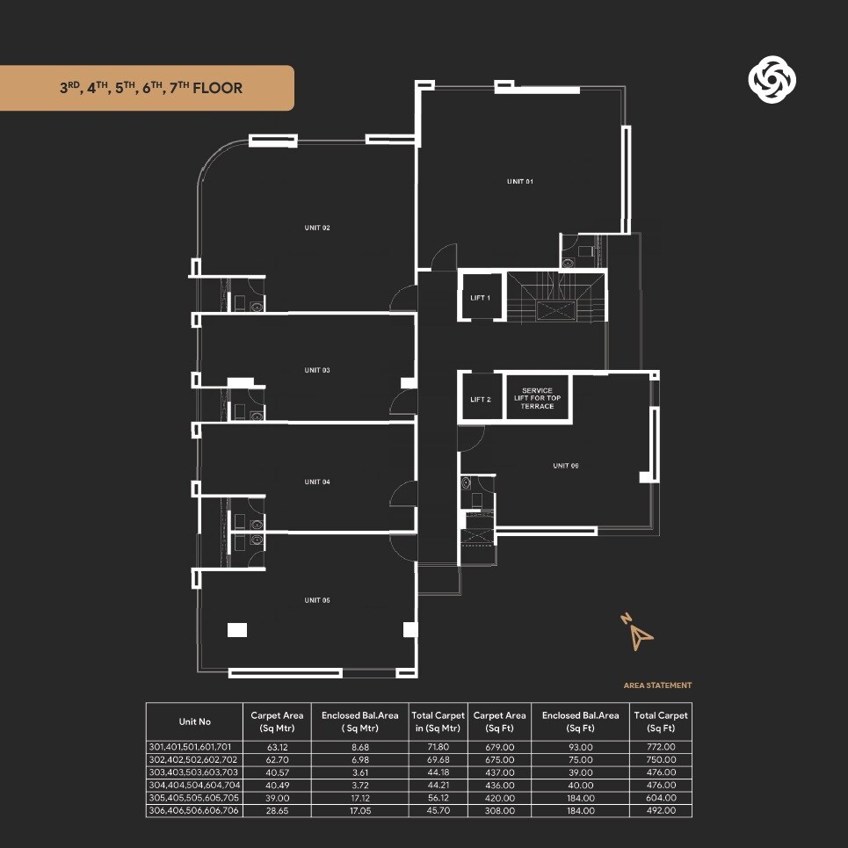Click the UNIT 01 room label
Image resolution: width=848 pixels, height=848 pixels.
pyautogui.click(x=520, y=181)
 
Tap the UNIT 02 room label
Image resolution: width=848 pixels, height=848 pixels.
pyautogui.click(x=317, y=228)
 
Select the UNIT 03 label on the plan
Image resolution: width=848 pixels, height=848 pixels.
pyautogui.click(x=317, y=370)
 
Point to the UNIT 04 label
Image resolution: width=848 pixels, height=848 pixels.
pyautogui.click(x=317, y=482)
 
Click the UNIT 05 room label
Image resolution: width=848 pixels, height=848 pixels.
pyautogui.click(x=317, y=600)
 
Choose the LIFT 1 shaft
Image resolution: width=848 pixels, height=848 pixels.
pyautogui.click(x=481, y=298)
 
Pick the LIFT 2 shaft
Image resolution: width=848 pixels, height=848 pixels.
pyautogui.click(x=481, y=399)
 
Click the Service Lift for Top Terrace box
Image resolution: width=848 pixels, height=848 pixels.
pyautogui.click(x=537, y=398)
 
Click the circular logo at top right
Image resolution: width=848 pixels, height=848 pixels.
pyautogui.click(x=772, y=81)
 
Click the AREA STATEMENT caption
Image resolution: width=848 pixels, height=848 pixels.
pyautogui.click(x=657, y=685)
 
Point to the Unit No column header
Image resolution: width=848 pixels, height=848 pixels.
pyautogui.click(x=194, y=721)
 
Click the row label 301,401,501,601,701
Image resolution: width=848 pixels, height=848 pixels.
pyautogui.click(x=194, y=747)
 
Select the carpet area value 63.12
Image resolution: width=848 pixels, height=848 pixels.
pyautogui.click(x=277, y=747)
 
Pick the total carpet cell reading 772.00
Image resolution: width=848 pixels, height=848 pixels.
pyautogui.click(x=660, y=747)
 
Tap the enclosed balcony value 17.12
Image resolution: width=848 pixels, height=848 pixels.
pyautogui.click(x=359, y=797)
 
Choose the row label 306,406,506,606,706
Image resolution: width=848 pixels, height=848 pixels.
pyautogui.click(x=194, y=810)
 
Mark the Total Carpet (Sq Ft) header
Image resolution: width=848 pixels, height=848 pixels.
pyautogui.click(x=660, y=721)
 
